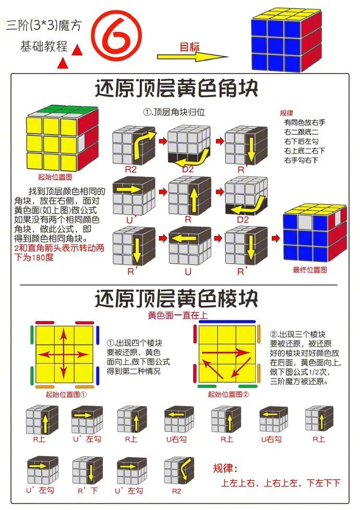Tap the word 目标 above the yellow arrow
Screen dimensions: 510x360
coord(189,46)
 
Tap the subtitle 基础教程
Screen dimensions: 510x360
coord(44,46)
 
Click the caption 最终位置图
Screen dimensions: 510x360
coord(310,269)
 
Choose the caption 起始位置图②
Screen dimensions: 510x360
coord(227,394)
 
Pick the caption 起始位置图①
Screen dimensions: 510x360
coord(66,394)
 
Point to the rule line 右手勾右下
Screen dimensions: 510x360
coord(301,160)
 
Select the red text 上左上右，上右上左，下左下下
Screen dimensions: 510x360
coord(281,483)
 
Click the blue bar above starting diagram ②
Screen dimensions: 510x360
coord(227,322)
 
